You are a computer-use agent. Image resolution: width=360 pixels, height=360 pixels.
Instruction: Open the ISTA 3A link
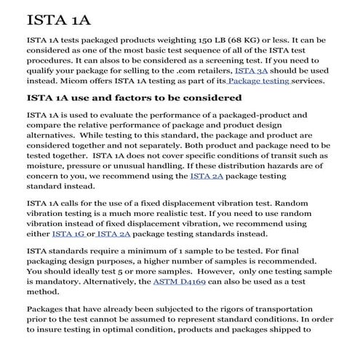[252, 71]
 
